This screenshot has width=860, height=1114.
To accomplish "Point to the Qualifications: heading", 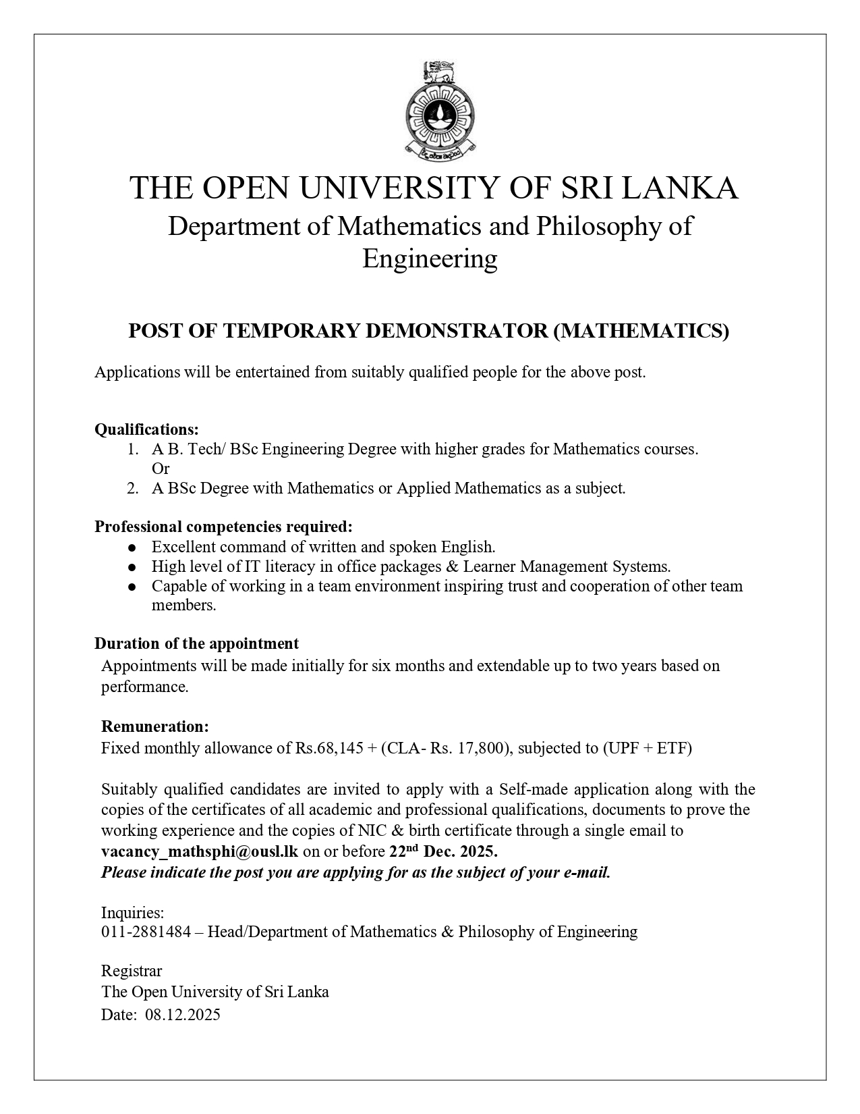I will click(146, 429).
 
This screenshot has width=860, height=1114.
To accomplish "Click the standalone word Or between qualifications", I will click(161, 469).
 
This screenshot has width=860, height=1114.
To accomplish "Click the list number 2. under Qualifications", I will click(132, 488).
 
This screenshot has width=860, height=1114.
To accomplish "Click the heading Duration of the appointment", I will click(196, 643).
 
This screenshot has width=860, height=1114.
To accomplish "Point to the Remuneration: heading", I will click(154, 726).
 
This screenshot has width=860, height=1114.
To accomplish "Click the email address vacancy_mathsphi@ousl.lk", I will click(199, 851).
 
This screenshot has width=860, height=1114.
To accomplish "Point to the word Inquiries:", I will click(132, 913).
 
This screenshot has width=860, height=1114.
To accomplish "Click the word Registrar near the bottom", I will click(132, 972).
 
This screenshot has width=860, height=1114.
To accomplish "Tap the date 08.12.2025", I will click(182, 1015).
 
